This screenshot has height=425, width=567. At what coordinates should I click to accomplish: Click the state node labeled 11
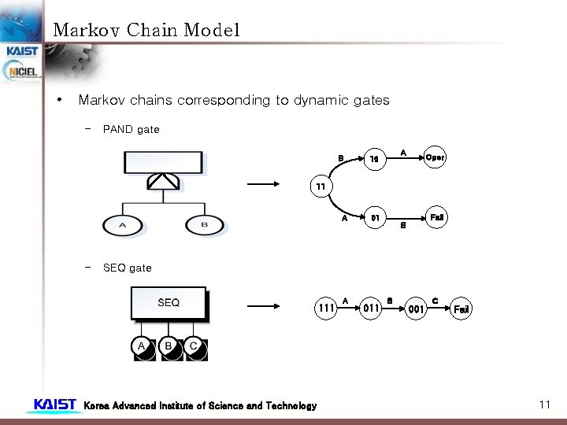[x=320, y=187]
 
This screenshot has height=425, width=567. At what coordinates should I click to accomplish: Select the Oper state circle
[x=435, y=157]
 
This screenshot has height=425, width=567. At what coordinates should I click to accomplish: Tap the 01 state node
[x=376, y=217]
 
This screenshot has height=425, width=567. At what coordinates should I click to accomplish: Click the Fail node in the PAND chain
[x=436, y=216]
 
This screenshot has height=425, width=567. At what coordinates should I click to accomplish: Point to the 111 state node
[x=325, y=309]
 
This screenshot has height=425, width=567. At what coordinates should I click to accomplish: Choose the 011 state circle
[x=372, y=309]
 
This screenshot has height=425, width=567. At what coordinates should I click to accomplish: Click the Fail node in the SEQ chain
[x=461, y=309]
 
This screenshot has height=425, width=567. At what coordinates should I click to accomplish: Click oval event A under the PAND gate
[x=122, y=225]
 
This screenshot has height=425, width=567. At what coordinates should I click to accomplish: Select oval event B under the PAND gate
[x=205, y=225]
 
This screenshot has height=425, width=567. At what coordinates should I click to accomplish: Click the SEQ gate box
[x=169, y=303]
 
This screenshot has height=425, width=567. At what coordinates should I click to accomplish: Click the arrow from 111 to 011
[x=348, y=309]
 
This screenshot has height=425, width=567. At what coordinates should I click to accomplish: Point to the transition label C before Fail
[x=435, y=301]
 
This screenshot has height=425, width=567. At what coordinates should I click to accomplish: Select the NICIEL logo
[x=22, y=72]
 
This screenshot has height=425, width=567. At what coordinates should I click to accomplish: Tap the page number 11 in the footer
[x=544, y=405]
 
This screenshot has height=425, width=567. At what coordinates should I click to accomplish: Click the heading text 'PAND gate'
[x=131, y=129]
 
